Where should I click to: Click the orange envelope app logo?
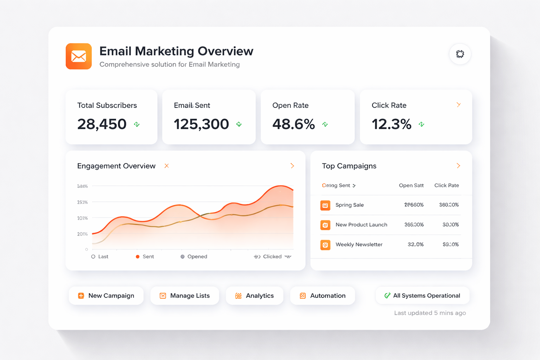click(79, 56)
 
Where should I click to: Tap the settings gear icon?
click(460, 54)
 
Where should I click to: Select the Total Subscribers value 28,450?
click(102, 124)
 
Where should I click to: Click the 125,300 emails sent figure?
click(201, 124)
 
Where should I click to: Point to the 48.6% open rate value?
click(294, 124)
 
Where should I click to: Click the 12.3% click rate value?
click(392, 124)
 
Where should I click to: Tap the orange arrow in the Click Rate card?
click(458, 105)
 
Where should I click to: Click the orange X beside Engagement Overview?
click(167, 166)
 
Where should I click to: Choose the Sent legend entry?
click(145, 257)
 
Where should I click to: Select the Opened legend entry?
click(194, 257)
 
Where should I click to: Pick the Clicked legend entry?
click(272, 257)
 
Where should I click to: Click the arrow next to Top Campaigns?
click(458, 166)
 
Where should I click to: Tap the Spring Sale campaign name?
click(349, 205)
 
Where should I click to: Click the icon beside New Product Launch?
click(325, 225)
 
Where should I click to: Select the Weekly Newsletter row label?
click(359, 245)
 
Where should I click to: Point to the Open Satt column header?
click(411, 186)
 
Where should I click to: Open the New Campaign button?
click(106, 296)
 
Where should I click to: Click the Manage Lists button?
click(185, 296)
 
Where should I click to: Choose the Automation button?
click(322, 296)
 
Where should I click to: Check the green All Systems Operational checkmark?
click(387, 296)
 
